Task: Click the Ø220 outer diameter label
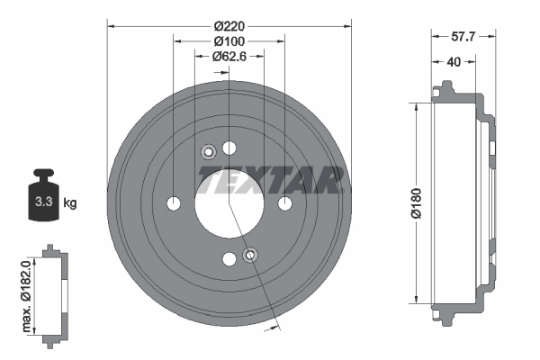pos(229,26)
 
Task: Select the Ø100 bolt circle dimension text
pos(229,41)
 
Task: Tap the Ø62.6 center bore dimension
pos(229,57)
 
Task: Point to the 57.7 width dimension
pos(462,37)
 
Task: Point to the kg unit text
pos(70,203)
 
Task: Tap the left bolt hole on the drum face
pos(174,203)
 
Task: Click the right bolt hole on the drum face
pos(284,203)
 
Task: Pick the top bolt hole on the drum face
pos(229,148)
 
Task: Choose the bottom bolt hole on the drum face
pos(229,259)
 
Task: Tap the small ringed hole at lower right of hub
pos(251,256)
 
